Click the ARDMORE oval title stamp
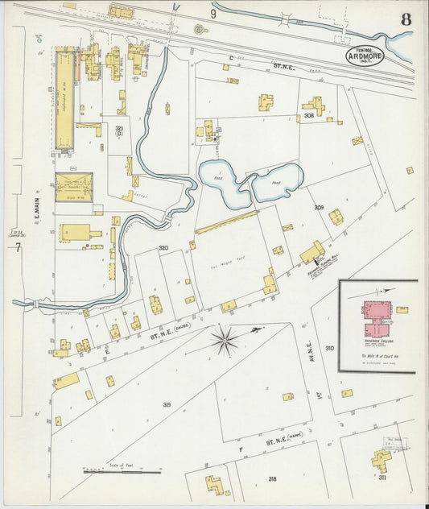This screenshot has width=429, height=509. [x=365, y=56]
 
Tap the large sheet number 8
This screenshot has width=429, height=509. [x=406, y=19]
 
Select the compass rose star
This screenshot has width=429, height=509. [x=225, y=339]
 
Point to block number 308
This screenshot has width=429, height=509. [x=309, y=116]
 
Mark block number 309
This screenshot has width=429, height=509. [x=319, y=208]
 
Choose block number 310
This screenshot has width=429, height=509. [x=329, y=348]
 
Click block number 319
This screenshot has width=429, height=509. [x=167, y=404]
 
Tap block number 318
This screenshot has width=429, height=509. [x=272, y=478]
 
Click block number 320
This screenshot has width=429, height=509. [x=163, y=247]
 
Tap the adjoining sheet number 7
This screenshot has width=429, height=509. [x=17, y=247]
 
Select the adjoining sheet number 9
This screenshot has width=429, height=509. [x=213, y=14]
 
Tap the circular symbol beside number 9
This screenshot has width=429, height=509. [x=198, y=30]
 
